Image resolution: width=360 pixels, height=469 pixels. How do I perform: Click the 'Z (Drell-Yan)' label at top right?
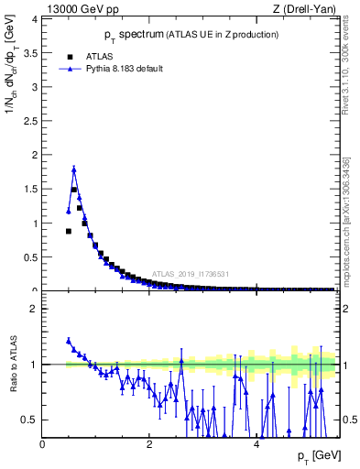pos(303,9)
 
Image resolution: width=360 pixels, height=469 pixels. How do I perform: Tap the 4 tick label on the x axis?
pos(256,443)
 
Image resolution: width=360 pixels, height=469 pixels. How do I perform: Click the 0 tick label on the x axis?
pos(43,443)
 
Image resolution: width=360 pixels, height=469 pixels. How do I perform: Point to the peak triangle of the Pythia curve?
pos(74,169)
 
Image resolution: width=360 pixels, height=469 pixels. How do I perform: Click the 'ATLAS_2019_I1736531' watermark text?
pos(190,273)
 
